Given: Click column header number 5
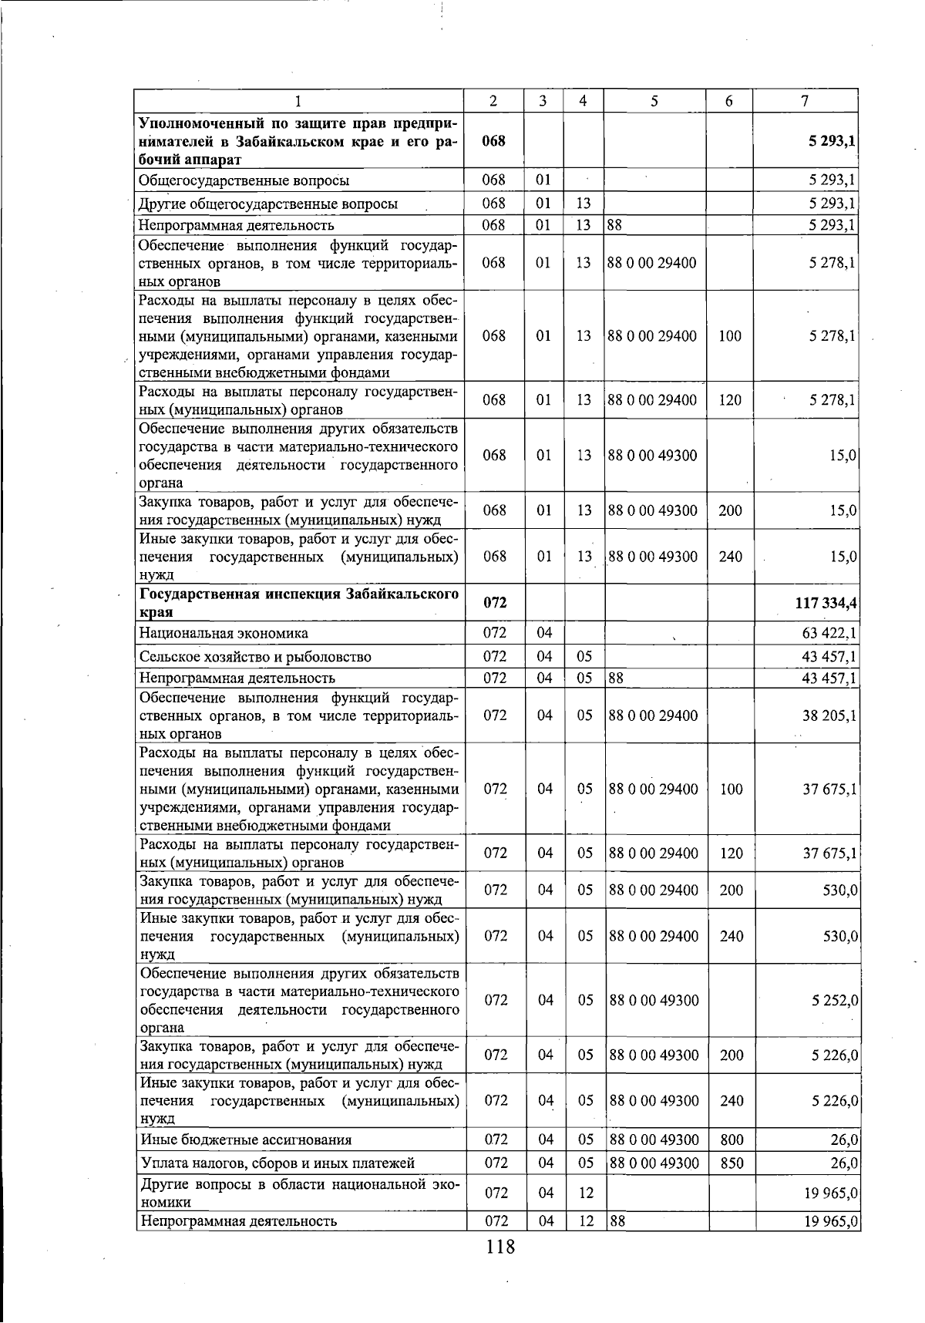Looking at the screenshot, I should pyautogui.click(x=654, y=101).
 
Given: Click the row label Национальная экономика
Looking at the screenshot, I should pyautogui.click(x=224, y=634).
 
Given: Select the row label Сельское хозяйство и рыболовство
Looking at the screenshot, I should pyautogui.click(x=255, y=657).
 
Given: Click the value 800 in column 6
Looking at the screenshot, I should pyautogui.click(x=731, y=1140).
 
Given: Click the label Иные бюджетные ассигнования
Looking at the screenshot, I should pyautogui.click(x=245, y=1140).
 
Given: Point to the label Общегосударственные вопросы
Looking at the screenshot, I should pyautogui.click(x=244, y=181).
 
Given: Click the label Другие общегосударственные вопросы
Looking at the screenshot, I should pyautogui.click(x=268, y=204).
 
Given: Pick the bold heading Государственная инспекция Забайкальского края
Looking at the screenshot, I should pyautogui.click(x=298, y=603).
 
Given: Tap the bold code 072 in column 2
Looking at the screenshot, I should pyautogui.click(x=494, y=603).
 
